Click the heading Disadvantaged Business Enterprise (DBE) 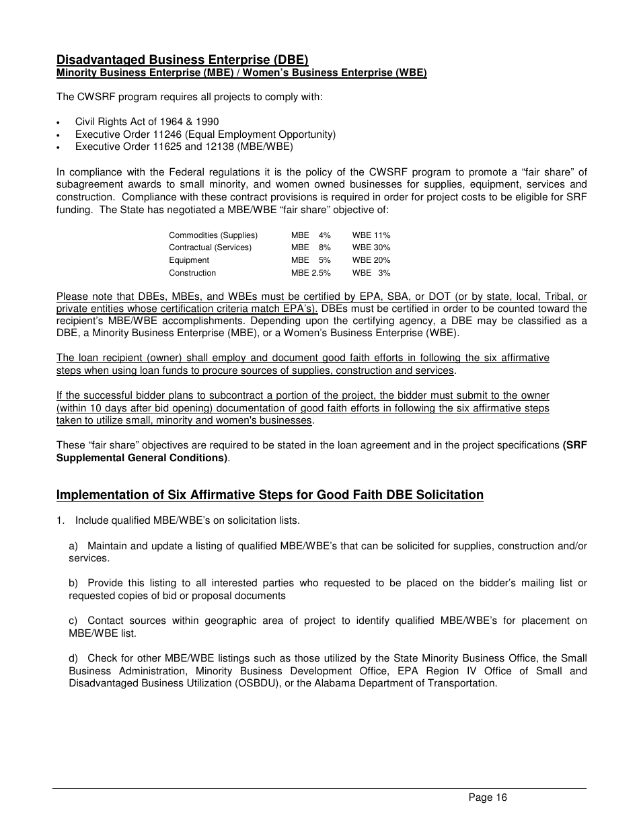[182, 60]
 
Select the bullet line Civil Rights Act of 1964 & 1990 [147, 122]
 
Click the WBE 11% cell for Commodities [371, 235]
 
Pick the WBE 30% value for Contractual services [371, 247]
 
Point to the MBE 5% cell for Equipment [311, 260]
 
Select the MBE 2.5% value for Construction [311, 273]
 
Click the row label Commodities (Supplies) [213, 235]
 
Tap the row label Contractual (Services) [210, 247]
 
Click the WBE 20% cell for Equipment [371, 260]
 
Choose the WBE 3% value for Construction [371, 273]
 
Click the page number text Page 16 [488, 797]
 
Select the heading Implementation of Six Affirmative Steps [270, 495]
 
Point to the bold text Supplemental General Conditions [142, 458]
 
